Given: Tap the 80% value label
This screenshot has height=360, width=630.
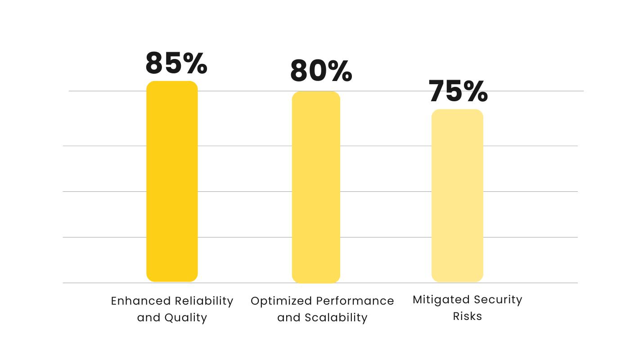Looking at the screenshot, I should coord(321,71).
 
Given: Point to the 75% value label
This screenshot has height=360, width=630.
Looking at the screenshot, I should coord(458,91).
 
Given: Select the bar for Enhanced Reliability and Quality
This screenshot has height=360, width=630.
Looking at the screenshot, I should coord(172,181).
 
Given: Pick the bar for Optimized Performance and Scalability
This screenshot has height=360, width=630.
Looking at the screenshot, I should coord(316,187).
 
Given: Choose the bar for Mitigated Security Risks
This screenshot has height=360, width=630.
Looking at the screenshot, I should coord(457,196).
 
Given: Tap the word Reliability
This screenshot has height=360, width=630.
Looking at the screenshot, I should coord(204,301).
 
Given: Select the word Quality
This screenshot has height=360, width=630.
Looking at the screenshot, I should coord(185,318).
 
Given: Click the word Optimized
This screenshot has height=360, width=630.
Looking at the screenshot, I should coord(281,301).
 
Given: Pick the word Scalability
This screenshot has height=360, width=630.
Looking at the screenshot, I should coord(336,318).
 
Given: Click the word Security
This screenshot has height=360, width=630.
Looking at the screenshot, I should coord(500,300).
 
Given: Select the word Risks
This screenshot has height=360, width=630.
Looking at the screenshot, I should coord(468,316).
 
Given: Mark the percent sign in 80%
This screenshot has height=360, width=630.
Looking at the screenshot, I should coord(341,71).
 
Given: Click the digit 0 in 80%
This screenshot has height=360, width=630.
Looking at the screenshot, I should coord(319,71).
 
